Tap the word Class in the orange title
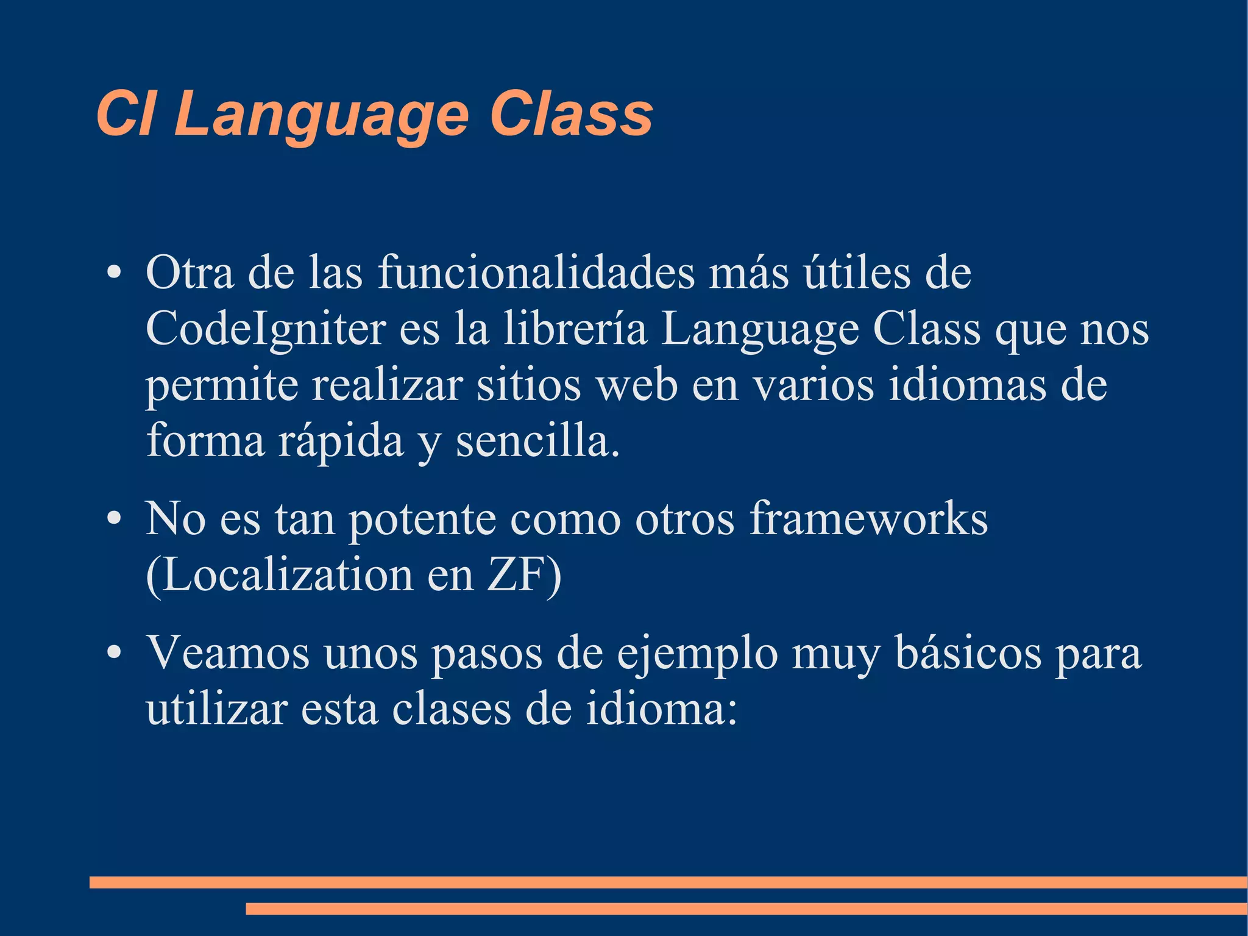coord(571,114)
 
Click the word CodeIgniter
coord(266,330)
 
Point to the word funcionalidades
coord(536,273)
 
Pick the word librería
coord(575,329)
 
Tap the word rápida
coord(341,442)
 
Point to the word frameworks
coord(868,519)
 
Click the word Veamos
coord(227,654)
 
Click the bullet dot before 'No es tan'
coord(113,520)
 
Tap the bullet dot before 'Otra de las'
coord(113,274)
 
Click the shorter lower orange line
coord(746,909)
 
